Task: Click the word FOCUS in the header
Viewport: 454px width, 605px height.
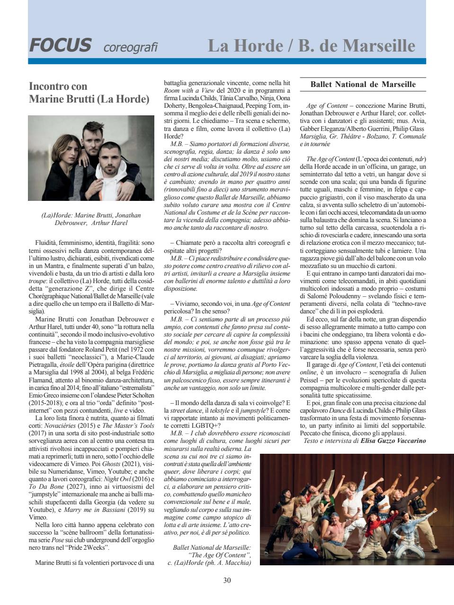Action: pos(60,45)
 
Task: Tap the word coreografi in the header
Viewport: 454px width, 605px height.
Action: pos(130,47)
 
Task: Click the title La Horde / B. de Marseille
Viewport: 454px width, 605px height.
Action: pos(311,46)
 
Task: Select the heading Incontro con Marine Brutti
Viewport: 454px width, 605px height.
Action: pos(89,93)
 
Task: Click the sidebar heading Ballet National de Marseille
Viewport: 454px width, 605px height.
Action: pos(363,85)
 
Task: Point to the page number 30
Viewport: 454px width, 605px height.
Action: pos(227,580)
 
